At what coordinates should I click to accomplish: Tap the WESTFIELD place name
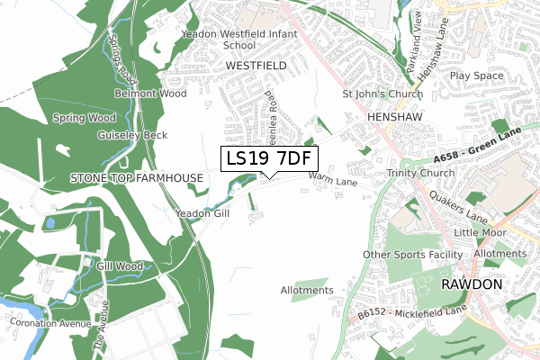pyautogui.click(x=256, y=66)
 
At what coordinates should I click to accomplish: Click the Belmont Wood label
pyautogui.click(x=150, y=93)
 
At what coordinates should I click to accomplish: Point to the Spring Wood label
pyautogui.click(x=84, y=118)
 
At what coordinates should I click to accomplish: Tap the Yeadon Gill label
pyautogui.click(x=202, y=213)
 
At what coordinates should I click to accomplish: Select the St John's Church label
pyautogui.click(x=382, y=93)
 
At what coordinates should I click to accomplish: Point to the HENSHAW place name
pyautogui.click(x=394, y=117)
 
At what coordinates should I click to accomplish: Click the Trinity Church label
pyautogui.click(x=420, y=174)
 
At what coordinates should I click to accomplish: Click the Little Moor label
pyautogui.click(x=480, y=232)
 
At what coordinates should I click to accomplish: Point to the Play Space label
pyautogui.click(x=476, y=76)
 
